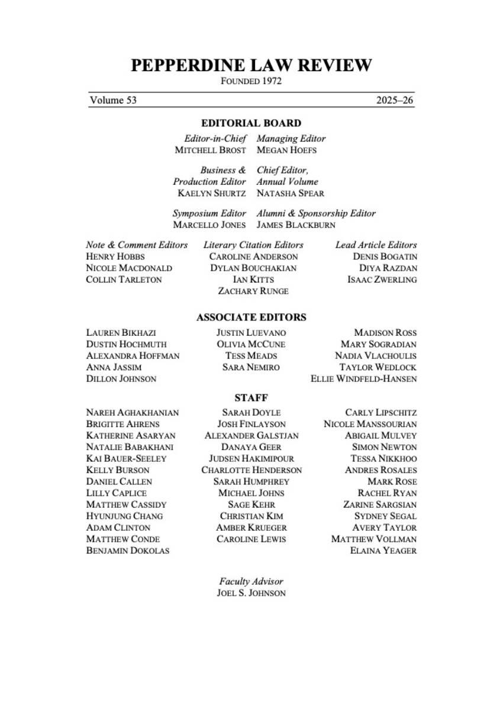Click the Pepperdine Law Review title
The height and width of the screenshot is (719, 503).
251,65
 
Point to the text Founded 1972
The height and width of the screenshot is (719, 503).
251,81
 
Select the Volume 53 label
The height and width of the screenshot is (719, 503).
113,100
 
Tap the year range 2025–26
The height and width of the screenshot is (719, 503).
395,100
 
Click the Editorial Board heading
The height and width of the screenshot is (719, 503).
251,123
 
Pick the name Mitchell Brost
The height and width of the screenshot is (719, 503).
210,150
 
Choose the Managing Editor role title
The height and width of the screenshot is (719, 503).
291,138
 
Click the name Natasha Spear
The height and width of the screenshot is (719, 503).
290,193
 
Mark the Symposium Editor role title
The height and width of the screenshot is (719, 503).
209,213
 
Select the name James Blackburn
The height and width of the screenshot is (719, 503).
296,225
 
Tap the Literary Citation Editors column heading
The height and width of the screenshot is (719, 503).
253,245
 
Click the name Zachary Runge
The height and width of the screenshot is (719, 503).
253,291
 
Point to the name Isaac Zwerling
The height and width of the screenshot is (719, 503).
382,280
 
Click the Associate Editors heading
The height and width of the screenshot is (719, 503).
251,317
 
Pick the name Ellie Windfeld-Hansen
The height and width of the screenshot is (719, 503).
363,378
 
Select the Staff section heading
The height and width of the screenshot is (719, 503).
251,398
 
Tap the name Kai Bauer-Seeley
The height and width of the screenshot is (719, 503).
126,458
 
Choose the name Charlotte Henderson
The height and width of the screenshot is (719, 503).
251,470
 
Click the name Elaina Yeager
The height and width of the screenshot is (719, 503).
383,550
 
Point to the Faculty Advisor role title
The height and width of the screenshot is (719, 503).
251,582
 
